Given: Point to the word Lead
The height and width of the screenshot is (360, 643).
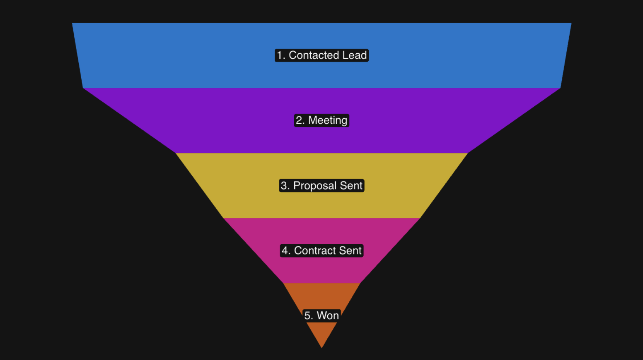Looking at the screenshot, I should click(355, 55).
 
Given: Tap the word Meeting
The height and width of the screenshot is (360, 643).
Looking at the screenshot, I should click(328, 120).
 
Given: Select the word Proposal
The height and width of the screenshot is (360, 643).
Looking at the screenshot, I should click(315, 185).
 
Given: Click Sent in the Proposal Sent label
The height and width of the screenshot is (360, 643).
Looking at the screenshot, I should click(351, 185).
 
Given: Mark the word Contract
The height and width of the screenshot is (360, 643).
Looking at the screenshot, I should click(315, 250).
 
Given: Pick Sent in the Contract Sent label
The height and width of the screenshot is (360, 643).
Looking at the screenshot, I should click(350, 250).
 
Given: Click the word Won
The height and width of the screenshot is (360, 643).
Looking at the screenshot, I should click(328, 315).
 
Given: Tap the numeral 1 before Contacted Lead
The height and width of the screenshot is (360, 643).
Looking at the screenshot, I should click(279, 55).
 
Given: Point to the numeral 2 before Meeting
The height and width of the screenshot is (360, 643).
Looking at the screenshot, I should click(299, 120).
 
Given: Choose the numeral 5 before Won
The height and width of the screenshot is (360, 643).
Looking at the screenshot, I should click(307, 315).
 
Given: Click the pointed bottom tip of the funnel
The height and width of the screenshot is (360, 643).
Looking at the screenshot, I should click(321, 347).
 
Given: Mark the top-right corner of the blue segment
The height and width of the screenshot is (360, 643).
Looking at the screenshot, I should click(570, 24).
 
